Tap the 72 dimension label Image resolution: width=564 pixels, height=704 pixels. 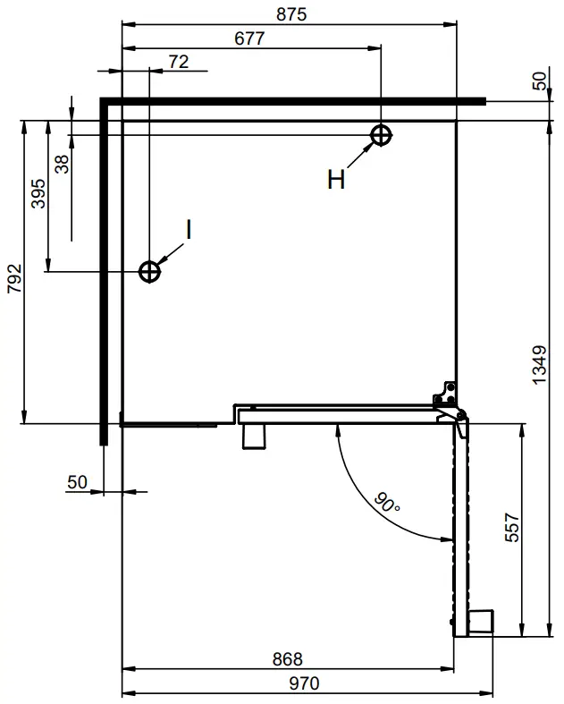178,61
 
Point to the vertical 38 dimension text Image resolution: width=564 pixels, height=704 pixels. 62,164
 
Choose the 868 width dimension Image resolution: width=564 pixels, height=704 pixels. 287,659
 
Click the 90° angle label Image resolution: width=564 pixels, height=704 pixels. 387,505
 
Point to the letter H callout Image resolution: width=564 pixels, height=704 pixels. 335,181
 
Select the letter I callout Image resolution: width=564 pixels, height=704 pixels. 189,229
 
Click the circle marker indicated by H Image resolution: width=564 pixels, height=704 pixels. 382,135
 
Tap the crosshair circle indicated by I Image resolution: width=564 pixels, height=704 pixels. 149,270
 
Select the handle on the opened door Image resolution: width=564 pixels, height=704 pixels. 481,622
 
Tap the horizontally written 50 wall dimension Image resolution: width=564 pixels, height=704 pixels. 78,482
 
